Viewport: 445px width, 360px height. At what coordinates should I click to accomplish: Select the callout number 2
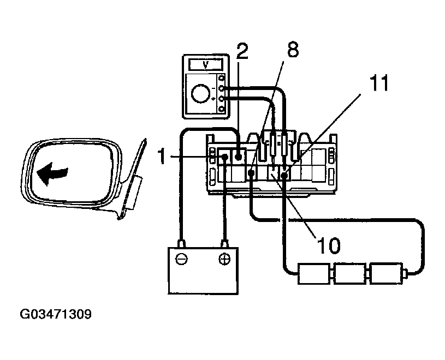242,51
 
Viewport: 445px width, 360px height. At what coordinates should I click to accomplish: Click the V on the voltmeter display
205,64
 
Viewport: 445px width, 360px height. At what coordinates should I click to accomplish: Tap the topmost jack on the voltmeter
221,79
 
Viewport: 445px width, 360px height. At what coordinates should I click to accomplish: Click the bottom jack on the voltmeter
221,109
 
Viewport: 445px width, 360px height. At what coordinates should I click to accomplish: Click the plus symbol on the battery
224,259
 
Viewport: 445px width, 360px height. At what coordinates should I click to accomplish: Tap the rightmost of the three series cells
385,273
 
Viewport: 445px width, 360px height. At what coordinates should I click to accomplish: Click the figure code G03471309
56,315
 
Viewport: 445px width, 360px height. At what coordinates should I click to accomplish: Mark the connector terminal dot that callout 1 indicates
224,158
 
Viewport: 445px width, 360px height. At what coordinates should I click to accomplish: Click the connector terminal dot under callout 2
239,157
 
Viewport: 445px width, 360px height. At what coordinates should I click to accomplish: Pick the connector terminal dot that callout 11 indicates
284,175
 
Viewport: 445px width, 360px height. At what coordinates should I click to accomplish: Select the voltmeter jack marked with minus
221,88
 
